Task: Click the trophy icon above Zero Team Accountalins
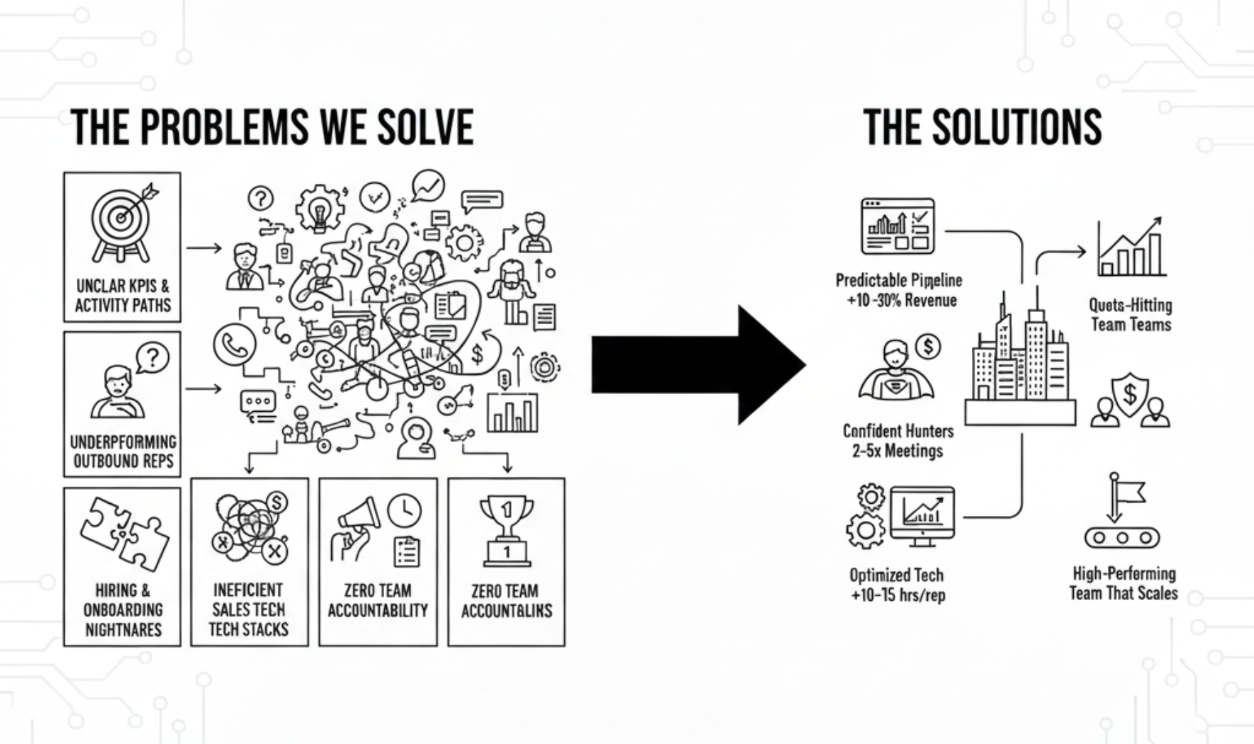[507, 530]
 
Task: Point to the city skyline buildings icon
[1020, 356]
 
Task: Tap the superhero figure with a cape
[895, 373]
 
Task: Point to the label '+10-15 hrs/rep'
[898, 595]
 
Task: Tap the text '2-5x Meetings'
[898, 451]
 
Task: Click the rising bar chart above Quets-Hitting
[1131, 249]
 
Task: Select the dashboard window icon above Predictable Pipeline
[898, 227]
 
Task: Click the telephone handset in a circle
[234, 345]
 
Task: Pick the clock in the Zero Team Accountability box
[404, 510]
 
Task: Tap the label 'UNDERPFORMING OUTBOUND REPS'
[123, 452]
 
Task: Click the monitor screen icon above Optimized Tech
[923, 515]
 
